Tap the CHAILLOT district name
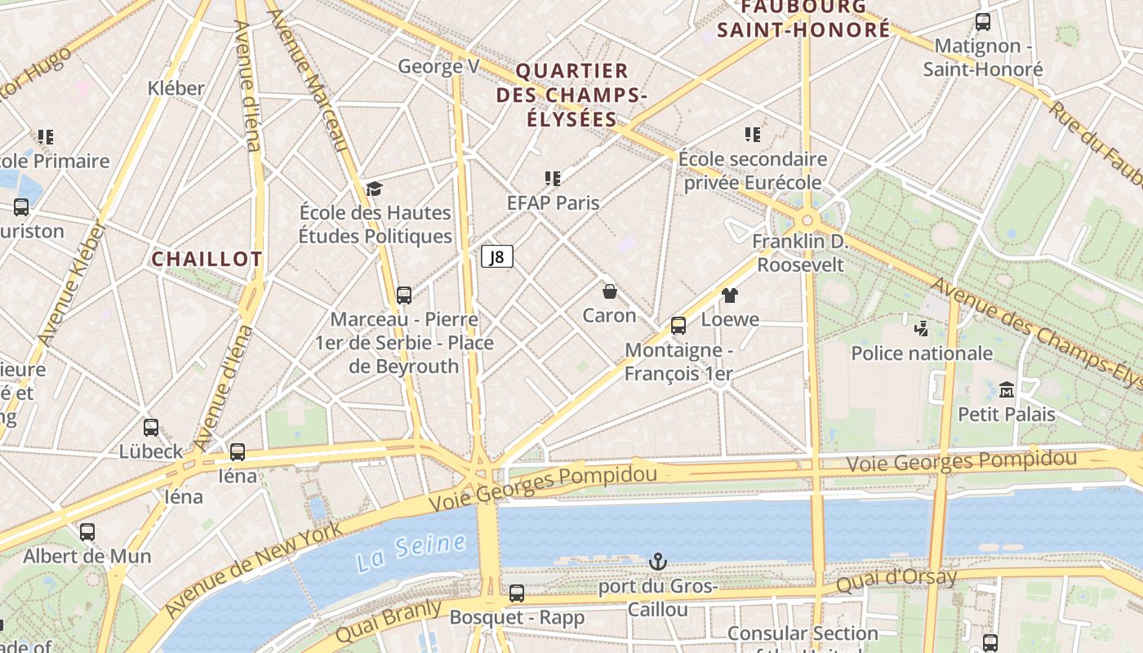(x=207, y=259)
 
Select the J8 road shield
(x=496, y=257)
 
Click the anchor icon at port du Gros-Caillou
(x=657, y=562)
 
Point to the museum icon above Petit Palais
(x=1006, y=389)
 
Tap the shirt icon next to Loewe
(x=730, y=295)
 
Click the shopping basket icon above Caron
(x=609, y=291)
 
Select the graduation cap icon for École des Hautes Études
(x=374, y=189)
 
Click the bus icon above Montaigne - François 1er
(x=678, y=326)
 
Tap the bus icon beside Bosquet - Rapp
(x=516, y=593)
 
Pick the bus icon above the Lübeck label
(x=151, y=427)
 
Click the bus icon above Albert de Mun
(x=87, y=532)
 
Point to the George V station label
(x=438, y=66)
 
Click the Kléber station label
(x=176, y=87)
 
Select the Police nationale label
(x=922, y=353)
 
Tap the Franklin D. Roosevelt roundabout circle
(x=807, y=220)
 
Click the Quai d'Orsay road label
(x=896, y=581)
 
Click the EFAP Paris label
(x=553, y=202)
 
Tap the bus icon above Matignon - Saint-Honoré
(x=983, y=22)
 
